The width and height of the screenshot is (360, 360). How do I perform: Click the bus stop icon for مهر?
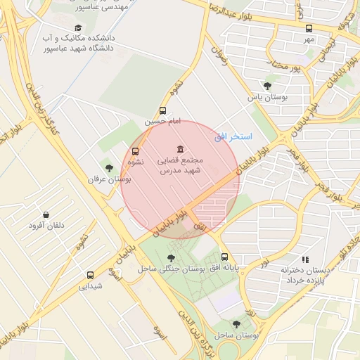tap(309, 29)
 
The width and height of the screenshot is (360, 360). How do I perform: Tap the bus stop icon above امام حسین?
tap(163, 110)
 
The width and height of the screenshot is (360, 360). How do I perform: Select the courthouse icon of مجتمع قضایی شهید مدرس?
tap(181, 149)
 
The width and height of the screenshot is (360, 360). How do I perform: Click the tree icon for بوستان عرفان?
tap(109, 167)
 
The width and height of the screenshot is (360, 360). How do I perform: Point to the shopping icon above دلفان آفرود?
tap(46, 214)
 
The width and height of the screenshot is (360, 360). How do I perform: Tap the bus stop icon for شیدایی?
tap(90, 275)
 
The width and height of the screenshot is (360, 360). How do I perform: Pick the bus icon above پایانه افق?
tap(224, 257)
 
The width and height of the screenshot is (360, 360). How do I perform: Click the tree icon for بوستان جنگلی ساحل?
tap(172, 258)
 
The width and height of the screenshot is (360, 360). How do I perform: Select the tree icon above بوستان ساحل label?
tap(236, 324)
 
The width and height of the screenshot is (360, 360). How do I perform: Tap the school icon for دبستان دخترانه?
tap(304, 259)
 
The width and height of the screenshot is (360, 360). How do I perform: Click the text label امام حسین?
tap(163, 121)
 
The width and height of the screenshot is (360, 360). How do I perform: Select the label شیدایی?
tap(91, 286)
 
